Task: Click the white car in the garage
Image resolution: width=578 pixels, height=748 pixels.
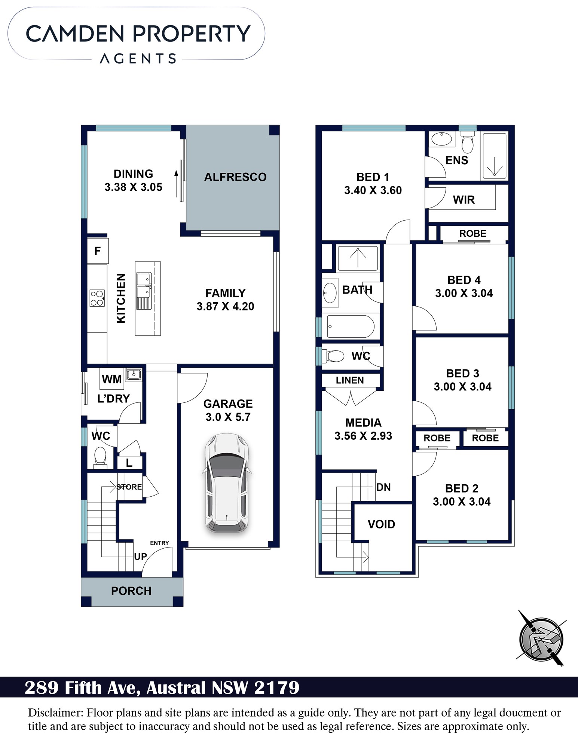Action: pyautogui.click(x=226, y=483)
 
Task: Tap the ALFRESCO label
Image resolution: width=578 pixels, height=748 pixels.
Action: pyautogui.click(x=235, y=177)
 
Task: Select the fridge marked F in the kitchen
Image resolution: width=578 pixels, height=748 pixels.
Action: pyautogui.click(x=98, y=251)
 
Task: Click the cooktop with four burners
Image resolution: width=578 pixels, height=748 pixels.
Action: pyautogui.click(x=97, y=298)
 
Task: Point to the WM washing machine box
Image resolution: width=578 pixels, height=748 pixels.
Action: pyautogui.click(x=112, y=379)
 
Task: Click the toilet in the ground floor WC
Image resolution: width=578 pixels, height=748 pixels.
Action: pyautogui.click(x=100, y=458)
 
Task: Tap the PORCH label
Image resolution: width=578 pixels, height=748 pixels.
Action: pyautogui.click(x=131, y=591)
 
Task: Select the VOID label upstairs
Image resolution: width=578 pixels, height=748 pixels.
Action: pyautogui.click(x=381, y=524)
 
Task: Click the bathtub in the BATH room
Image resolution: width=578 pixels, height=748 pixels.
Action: pyautogui.click(x=350, y=327)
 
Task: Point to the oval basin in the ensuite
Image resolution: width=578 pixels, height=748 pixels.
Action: pyautogui.click(x=442, y=139)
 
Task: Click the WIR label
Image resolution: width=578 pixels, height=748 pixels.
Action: pyautogui.click(x=464, y=200)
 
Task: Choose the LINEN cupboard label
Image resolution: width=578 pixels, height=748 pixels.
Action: pyautogui.click(x=350, y=380)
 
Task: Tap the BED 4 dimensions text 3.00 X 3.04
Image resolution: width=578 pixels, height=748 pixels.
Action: pyautogui.click(x=464, y=293)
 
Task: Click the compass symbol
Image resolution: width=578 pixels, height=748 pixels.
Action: pyautogui.click(x=541, y=639)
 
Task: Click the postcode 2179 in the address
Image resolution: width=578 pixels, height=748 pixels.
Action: pyautogui.click(x=277, y=687)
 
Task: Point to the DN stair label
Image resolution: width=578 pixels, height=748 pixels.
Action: pyautogui.click(x=383, y=487)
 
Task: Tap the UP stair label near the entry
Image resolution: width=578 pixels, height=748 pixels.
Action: pyautogui.click(x=141, y=557)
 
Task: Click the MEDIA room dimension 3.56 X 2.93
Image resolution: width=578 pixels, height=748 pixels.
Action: pyautogui.click(x=363, y=436)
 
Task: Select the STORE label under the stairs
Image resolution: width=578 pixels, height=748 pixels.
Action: pyautogui.click(x=129, y=487)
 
